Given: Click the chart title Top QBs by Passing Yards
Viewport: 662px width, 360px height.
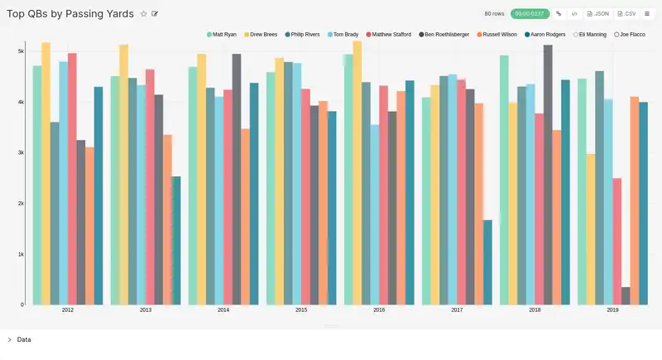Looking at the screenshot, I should click(x=70, y=14).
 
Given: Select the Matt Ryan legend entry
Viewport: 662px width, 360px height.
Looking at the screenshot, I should click(x=223, y=35).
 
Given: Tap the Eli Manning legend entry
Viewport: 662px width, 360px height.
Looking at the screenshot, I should click(x=592, y=35).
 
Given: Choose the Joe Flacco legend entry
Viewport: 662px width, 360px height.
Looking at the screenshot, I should click(x=631, y=35).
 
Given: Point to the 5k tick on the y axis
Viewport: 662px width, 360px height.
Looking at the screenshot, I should click(x=21, y=51).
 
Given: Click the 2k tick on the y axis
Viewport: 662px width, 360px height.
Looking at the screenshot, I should click(x=21, y=204).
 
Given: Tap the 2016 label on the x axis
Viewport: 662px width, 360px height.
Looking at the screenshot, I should click(x=379, y=310).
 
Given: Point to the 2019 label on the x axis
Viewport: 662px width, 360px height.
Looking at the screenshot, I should click(x=612, y=310).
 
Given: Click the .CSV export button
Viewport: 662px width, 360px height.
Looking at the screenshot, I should click(x=627, y=14).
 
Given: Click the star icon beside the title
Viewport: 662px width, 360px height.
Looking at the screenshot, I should click(x=143, y=14).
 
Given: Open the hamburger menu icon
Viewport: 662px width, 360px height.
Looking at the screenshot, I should click(x=647, y=14).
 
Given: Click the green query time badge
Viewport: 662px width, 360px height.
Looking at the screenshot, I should click(x=530, y=14).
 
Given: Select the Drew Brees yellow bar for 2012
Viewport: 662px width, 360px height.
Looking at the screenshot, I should click(x=46, y=174).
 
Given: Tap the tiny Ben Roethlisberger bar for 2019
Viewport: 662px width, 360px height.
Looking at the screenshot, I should click(x=626, y=296).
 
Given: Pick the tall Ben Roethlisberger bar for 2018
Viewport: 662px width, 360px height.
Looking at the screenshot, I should click(x=548, y=175).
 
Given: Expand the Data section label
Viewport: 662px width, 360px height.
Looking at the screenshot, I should click(x=24, y=339).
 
